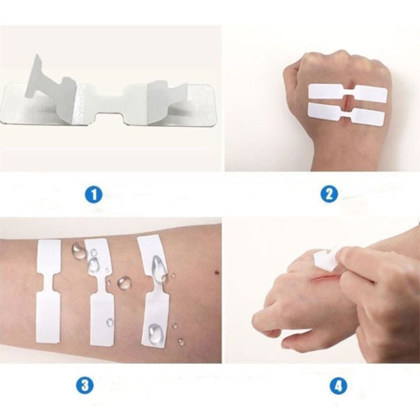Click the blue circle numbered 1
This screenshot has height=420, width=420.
pyautogui.click(x=93, y=195)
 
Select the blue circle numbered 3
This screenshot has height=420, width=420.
pyautogui.click(x=85, y=384)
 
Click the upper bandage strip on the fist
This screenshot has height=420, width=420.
pyautogui.click(x=346, y=92)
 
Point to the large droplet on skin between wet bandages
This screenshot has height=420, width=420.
pyautogui.click(x=124, y=283)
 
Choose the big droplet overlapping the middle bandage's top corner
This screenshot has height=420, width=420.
pyautogui.click(x=78, y=251)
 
